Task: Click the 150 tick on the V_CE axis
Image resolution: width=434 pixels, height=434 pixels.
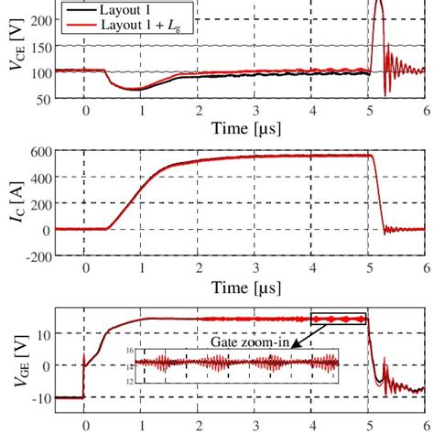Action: (41, 45)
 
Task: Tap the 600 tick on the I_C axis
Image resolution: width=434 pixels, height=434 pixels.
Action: (41, 152)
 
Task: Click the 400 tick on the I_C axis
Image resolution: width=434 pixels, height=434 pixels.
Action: (41, 178)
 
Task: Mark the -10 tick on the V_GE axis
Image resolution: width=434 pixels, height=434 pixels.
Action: (41, 398)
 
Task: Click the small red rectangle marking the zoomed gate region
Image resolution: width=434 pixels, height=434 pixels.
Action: (338, 319)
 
